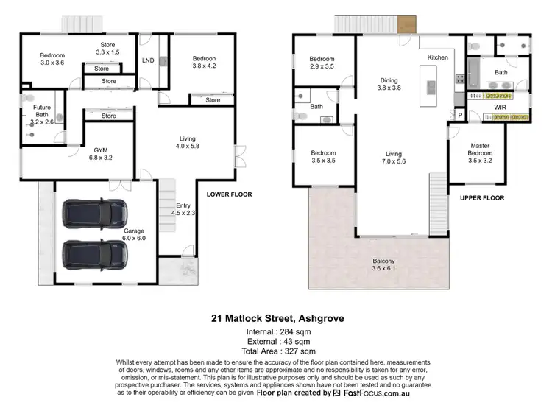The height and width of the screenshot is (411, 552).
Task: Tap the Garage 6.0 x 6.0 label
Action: click(x=135, y=235)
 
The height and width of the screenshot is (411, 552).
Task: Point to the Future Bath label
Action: click(x=41, y=111)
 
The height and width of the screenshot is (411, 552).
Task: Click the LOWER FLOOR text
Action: click(x=229, y=194)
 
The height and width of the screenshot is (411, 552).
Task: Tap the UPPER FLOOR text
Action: click(x=481, y=199)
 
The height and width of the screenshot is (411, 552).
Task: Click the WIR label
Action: click(x=501, y=108)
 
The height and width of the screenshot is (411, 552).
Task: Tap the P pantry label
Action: click(x=461, y=116)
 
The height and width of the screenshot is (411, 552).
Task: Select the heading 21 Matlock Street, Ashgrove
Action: click(x=275, y=319)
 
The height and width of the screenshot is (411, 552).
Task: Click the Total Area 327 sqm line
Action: click(x=275, y=352)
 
